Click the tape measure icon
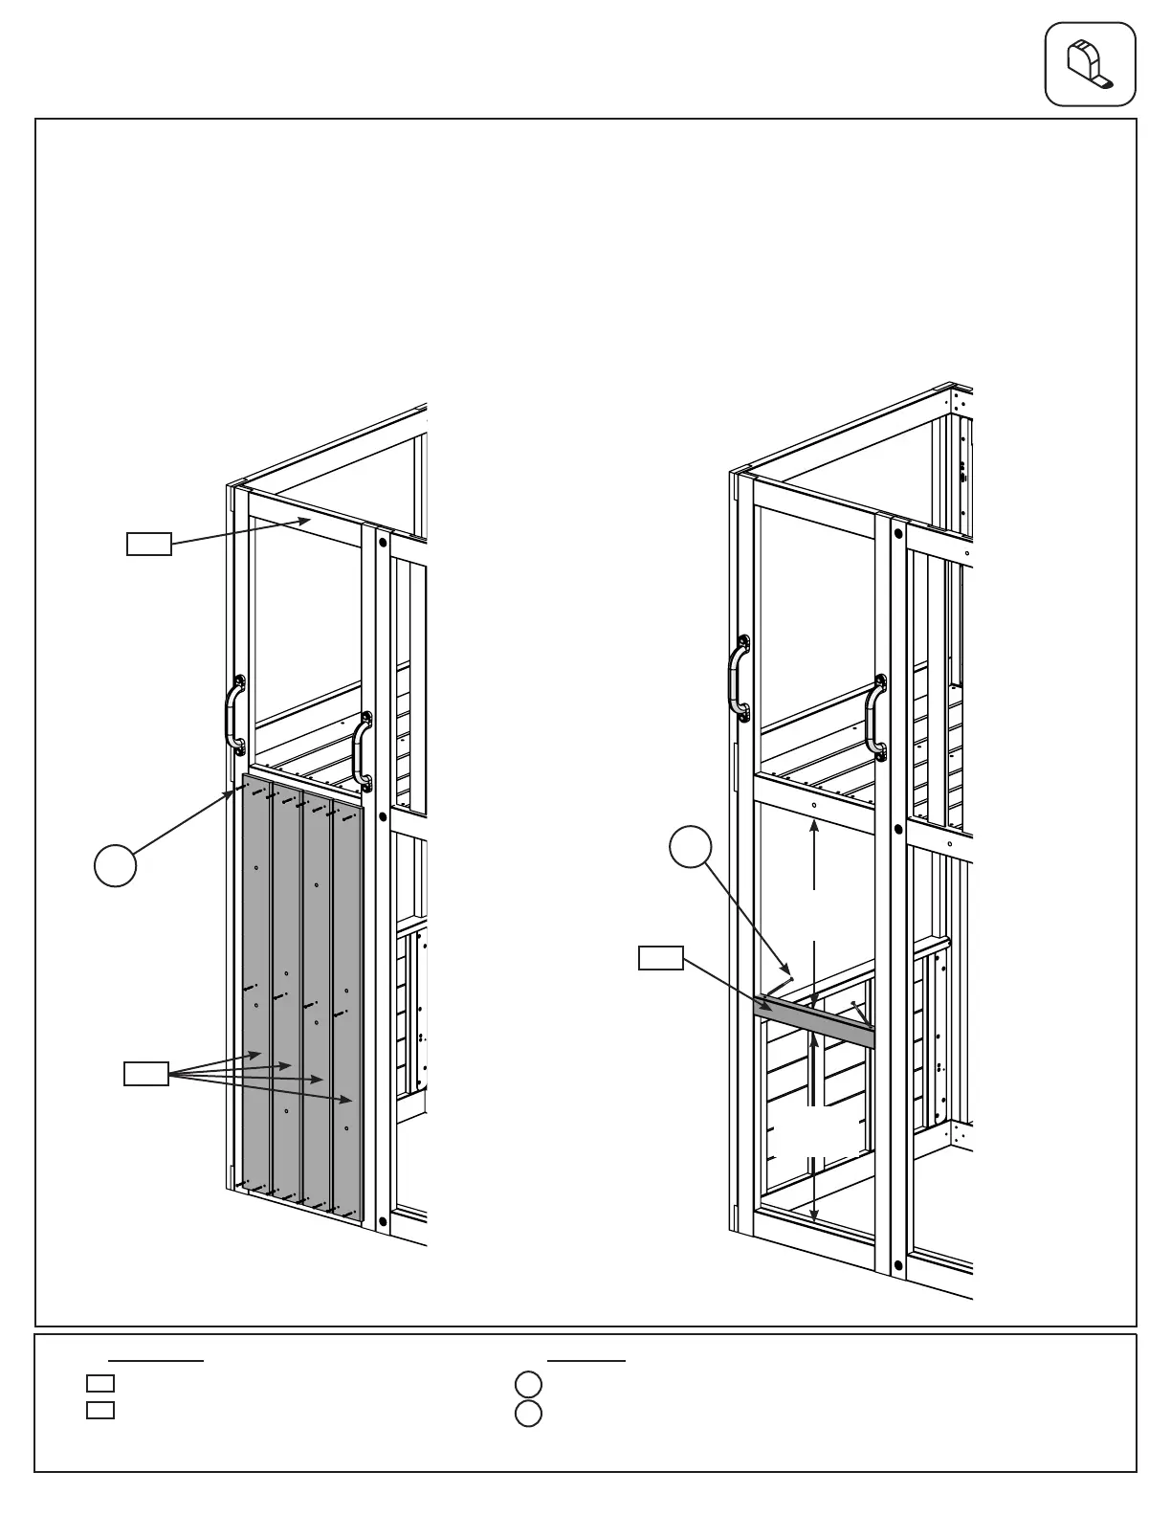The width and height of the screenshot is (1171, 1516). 1090,64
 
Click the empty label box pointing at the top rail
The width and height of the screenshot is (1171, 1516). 149,544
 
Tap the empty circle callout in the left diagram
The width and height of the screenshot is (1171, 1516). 115,864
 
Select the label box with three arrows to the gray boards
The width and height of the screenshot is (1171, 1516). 146,1073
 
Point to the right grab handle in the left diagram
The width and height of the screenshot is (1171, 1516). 361,751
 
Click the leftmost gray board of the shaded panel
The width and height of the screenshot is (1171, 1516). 256,986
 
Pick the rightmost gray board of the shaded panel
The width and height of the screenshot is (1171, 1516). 346,1014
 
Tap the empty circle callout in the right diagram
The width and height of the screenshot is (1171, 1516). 690,848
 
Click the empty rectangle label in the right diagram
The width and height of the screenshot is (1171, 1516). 661,957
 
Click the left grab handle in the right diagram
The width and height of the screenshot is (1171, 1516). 738,678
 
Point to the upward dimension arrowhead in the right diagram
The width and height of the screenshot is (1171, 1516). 814,826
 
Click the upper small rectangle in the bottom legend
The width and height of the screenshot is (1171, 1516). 100,1383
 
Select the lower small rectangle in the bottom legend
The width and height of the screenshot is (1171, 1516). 100,1410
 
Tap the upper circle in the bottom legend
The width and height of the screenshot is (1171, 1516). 528,1384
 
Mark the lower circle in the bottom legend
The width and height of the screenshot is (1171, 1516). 528,1414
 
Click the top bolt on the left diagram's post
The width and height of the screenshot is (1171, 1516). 383,543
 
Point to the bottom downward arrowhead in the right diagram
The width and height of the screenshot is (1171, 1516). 813,1216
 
